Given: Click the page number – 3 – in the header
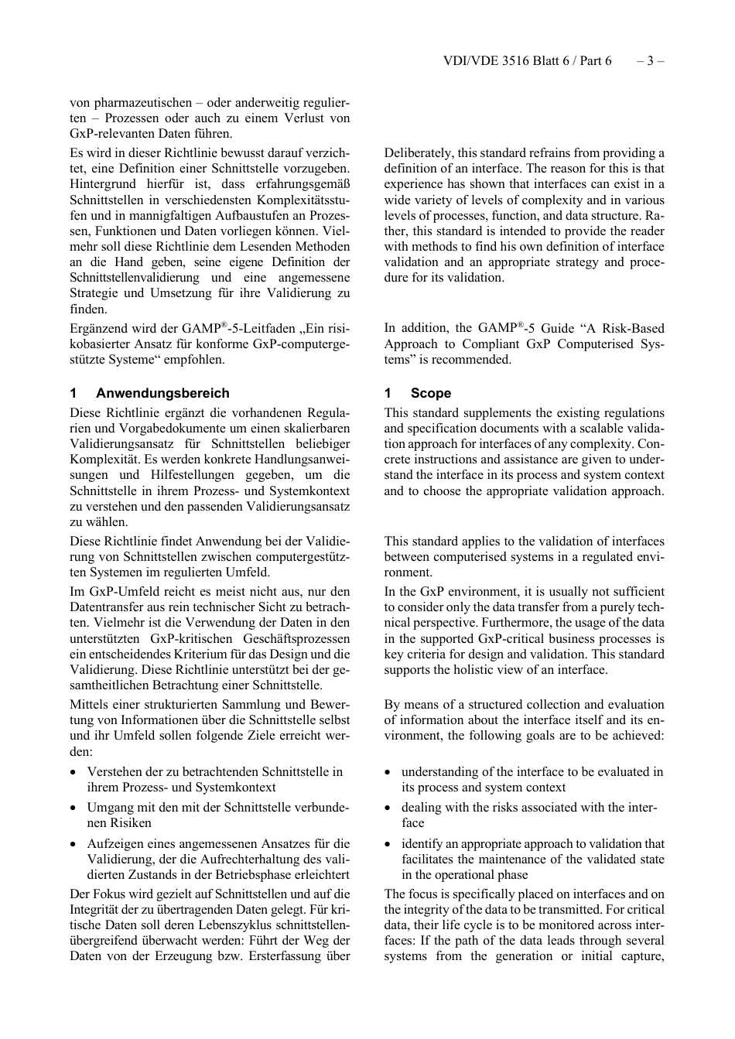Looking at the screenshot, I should point(651,60).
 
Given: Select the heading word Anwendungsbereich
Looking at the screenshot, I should point(162,393).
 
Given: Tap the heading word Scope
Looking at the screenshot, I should point(431,393).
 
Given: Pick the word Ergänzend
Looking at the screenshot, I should point(98,329).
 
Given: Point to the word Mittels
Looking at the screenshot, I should point(88,705).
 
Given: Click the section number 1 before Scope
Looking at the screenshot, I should point(388,393).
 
